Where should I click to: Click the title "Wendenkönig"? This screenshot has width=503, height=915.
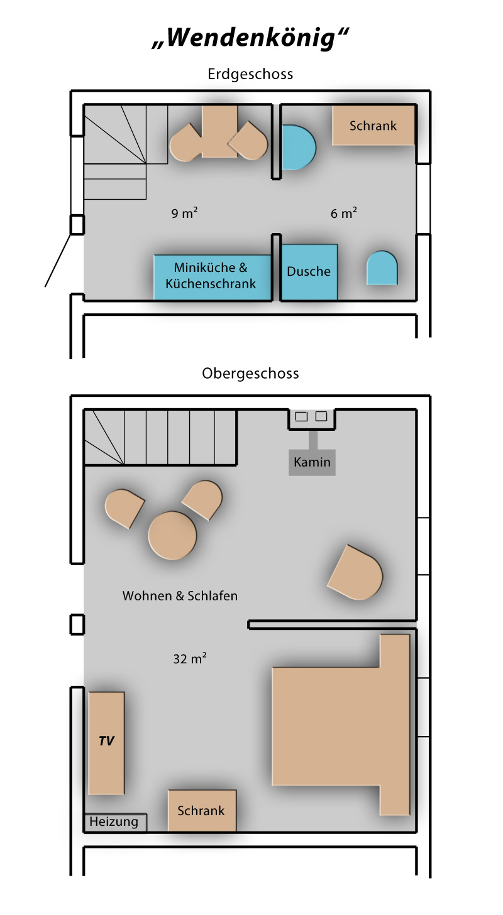[x=250, y=38]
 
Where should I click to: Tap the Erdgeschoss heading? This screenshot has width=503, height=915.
[x=250, y=74]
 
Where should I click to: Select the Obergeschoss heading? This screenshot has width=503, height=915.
[x=250, y=374]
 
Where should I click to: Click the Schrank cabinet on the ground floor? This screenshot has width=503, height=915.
[x=373, y=126]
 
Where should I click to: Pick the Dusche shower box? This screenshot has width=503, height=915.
[x=309, y=272]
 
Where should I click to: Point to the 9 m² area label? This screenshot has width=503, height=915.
[x=184, y=213]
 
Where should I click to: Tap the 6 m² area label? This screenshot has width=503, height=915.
[x=343, y=213]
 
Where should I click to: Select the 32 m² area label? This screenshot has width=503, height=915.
[x=190, y=658]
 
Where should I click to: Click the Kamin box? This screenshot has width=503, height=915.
[x=312, y=462]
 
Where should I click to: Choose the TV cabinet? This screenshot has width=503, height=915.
[x=106, y=743]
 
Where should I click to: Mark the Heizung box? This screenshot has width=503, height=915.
[x=115, y=822]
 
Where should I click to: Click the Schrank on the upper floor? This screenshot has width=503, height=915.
[x=202, y=810]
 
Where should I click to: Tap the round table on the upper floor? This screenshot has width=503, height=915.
[x=172, y=535]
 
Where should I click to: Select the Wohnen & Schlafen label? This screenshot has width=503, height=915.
[x=180, y=595]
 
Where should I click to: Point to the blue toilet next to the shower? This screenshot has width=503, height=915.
[x=382, y=268]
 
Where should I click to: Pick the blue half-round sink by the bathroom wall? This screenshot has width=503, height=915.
[x=299, y=148]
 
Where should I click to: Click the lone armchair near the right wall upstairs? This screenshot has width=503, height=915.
[x=355, y=572]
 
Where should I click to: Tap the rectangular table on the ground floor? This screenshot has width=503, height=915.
[x=219, y=131]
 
